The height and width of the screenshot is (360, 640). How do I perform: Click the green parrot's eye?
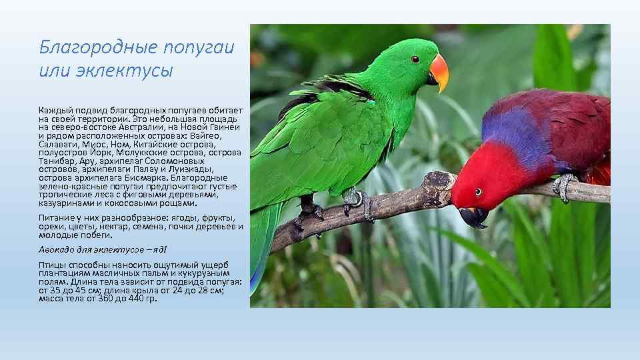coord(415,59)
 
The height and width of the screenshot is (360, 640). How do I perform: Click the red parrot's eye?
coord(478,192)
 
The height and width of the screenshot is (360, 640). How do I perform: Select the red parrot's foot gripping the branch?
coord(564,185)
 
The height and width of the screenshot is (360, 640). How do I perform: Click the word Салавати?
coord(57,144)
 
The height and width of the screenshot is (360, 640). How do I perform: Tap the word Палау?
coord(149,169)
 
